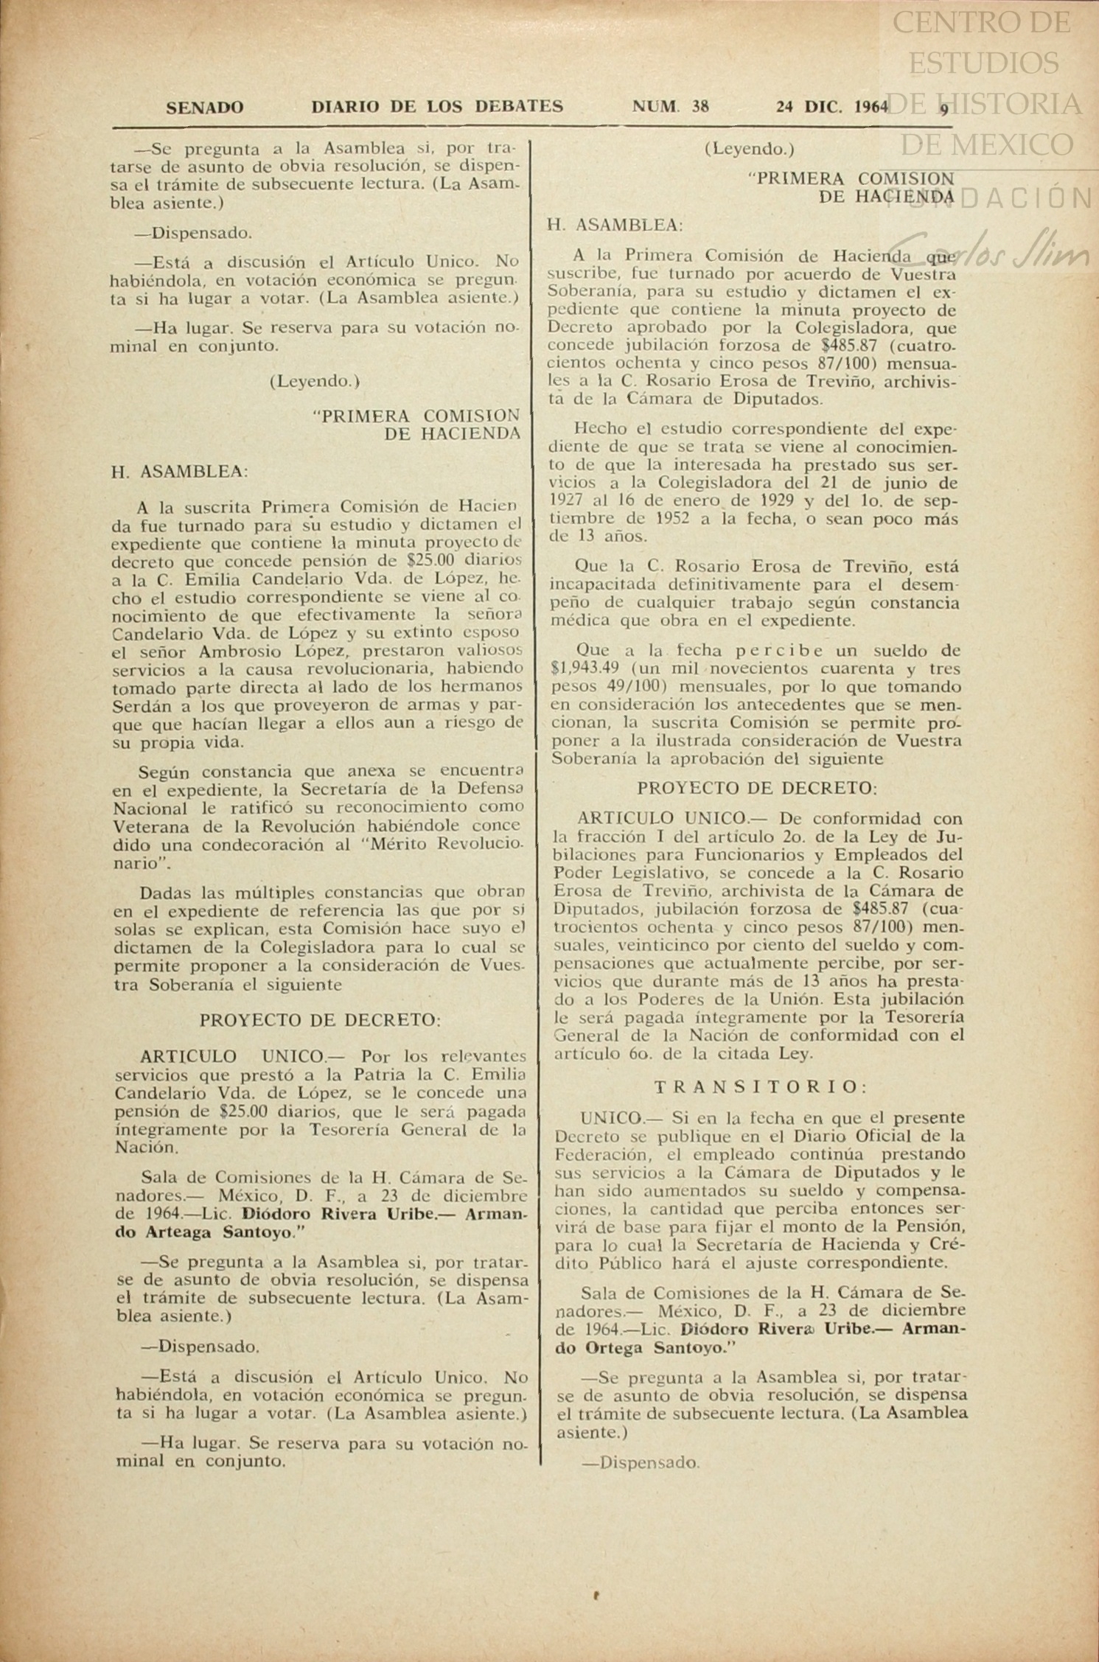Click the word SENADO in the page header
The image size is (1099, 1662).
(204, 108)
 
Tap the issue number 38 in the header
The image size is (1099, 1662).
(700, 106)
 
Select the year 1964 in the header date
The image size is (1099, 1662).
(871, 107)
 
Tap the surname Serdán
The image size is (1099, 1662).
(137, 705)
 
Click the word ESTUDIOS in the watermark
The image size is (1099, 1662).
(983, 63)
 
